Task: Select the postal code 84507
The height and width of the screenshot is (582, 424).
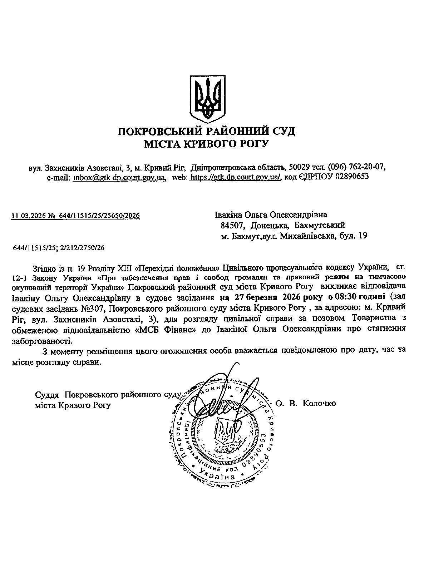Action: coord(232,225)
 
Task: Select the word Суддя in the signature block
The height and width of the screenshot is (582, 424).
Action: coord(48,395)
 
